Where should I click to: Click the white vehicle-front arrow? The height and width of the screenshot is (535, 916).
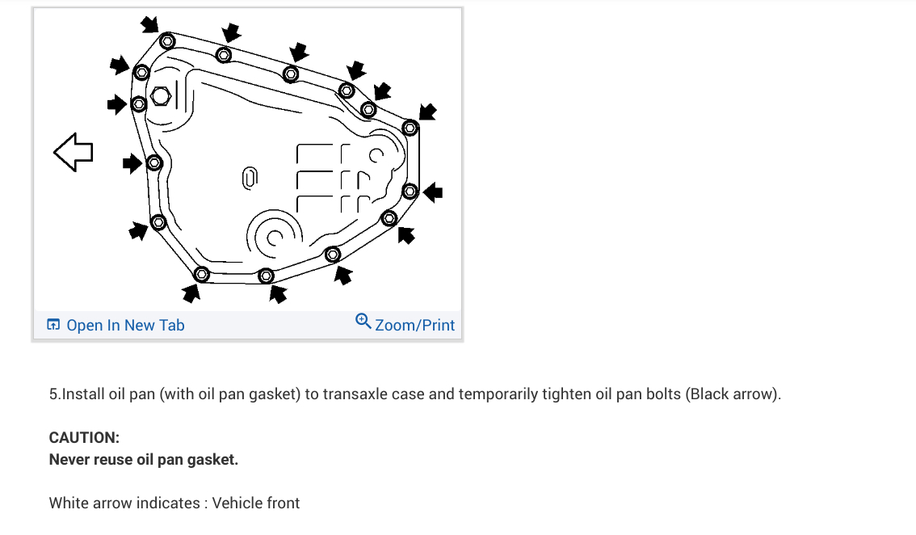point(73,152)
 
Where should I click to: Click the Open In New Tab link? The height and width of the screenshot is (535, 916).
point(125,325)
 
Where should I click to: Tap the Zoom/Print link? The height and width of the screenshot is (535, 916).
point(414,325)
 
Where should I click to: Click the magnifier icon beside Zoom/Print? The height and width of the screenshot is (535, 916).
point(363,322)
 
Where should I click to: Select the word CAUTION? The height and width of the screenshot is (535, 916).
point(84,437)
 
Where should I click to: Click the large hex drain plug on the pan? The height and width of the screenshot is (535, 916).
point(159,96)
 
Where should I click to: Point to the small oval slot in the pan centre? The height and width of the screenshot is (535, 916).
point(250,177)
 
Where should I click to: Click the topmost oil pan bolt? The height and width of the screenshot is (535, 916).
point(167,40)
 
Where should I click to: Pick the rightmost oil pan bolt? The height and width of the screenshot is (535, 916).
point(410,192)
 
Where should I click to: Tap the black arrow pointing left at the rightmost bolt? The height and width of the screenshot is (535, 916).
point(434,192)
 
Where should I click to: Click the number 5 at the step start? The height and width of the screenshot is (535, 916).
point(53,394)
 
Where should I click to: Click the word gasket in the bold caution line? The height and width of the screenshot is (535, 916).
point(212,459)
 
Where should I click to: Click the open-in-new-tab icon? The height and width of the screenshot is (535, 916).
point(53,325)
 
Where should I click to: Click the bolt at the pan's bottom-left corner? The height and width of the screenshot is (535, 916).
point(202,274)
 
